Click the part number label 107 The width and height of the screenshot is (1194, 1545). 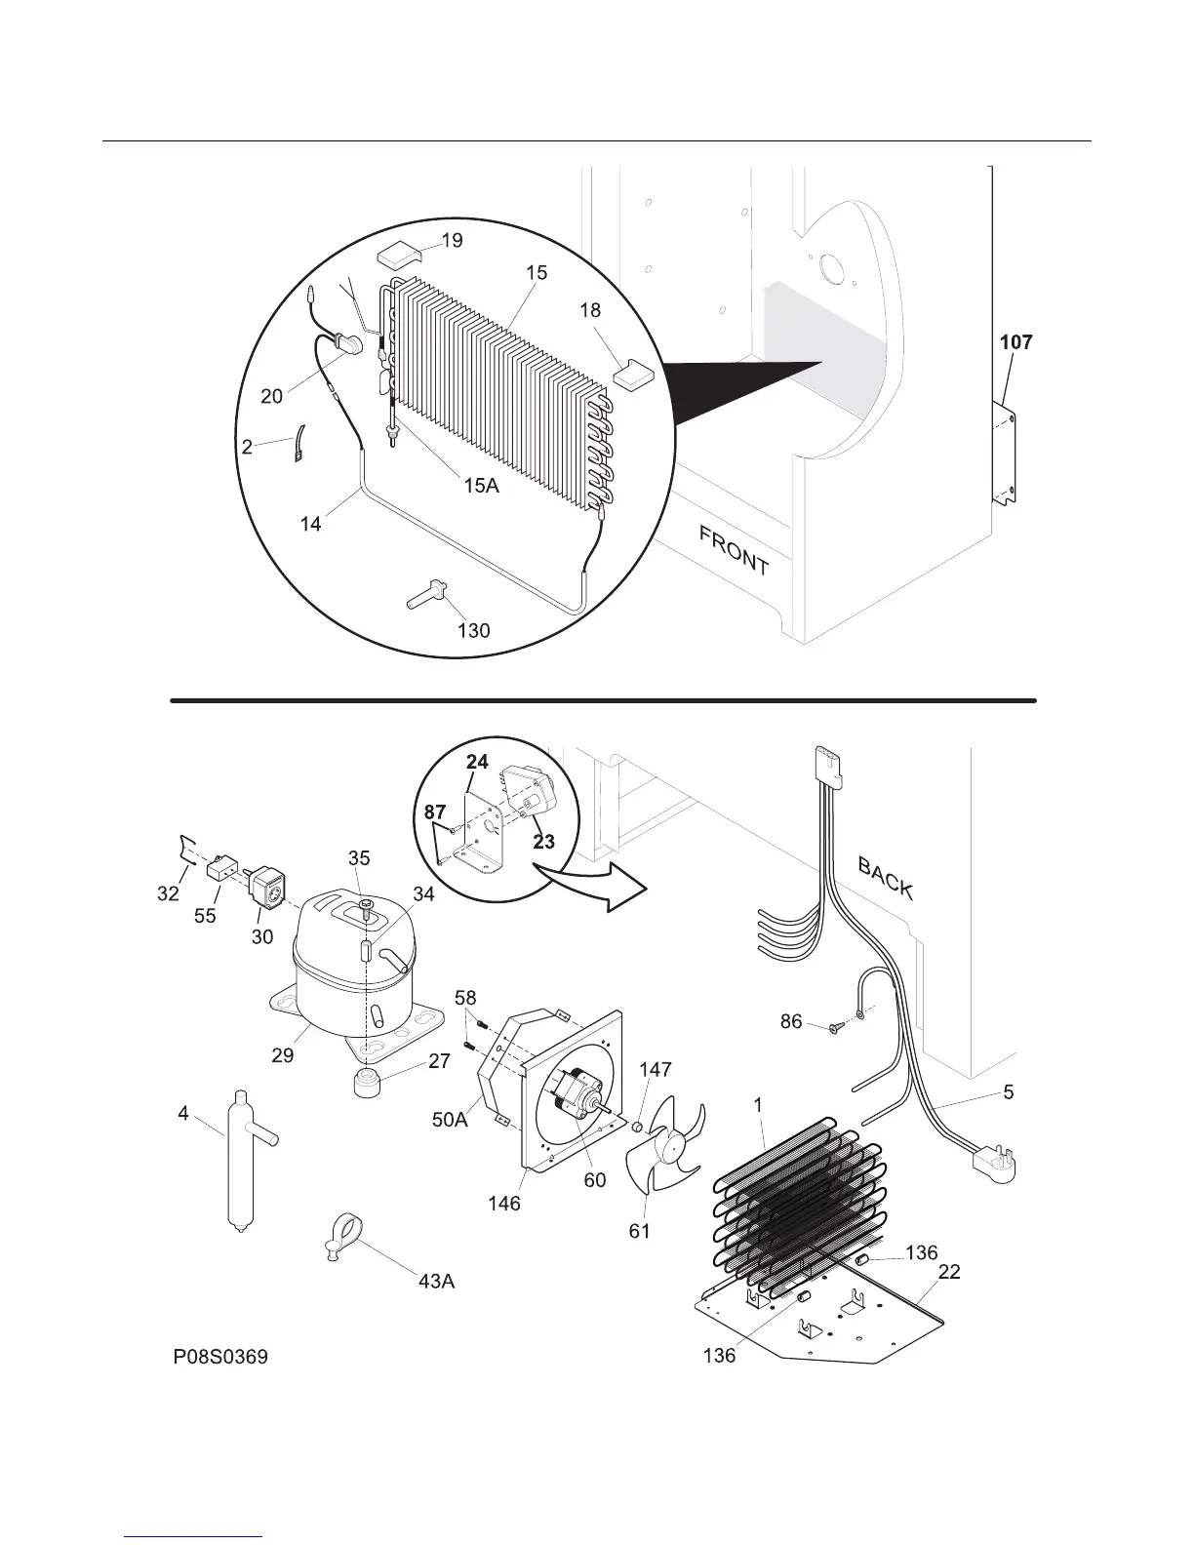[1015, 342]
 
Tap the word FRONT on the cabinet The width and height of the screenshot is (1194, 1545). [734, 549]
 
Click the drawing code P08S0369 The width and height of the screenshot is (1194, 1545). [220, 1357]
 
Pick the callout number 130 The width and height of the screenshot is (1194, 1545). [473, 630]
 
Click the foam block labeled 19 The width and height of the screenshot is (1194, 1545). [397, 256]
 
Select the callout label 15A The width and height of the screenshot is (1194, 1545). [481, 485]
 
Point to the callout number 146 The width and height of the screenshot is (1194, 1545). [504, 1203]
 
